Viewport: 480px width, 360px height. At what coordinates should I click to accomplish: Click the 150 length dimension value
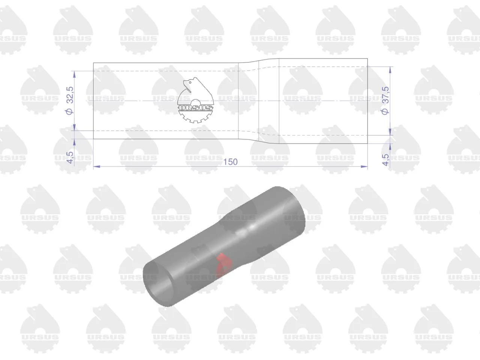(230, 162)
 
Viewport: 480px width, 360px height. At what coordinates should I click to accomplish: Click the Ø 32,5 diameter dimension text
(70, 100)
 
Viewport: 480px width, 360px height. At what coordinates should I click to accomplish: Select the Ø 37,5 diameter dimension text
(385, 100)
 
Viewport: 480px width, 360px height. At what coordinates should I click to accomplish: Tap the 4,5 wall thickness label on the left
(70, 157)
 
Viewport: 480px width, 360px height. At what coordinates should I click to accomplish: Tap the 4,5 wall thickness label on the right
(386, 160)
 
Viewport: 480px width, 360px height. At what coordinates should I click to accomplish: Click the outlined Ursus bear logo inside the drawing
(195, 100)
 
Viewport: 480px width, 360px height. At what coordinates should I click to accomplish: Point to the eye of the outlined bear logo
(190, 82)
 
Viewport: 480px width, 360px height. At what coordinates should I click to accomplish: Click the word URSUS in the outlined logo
(195, 108)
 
